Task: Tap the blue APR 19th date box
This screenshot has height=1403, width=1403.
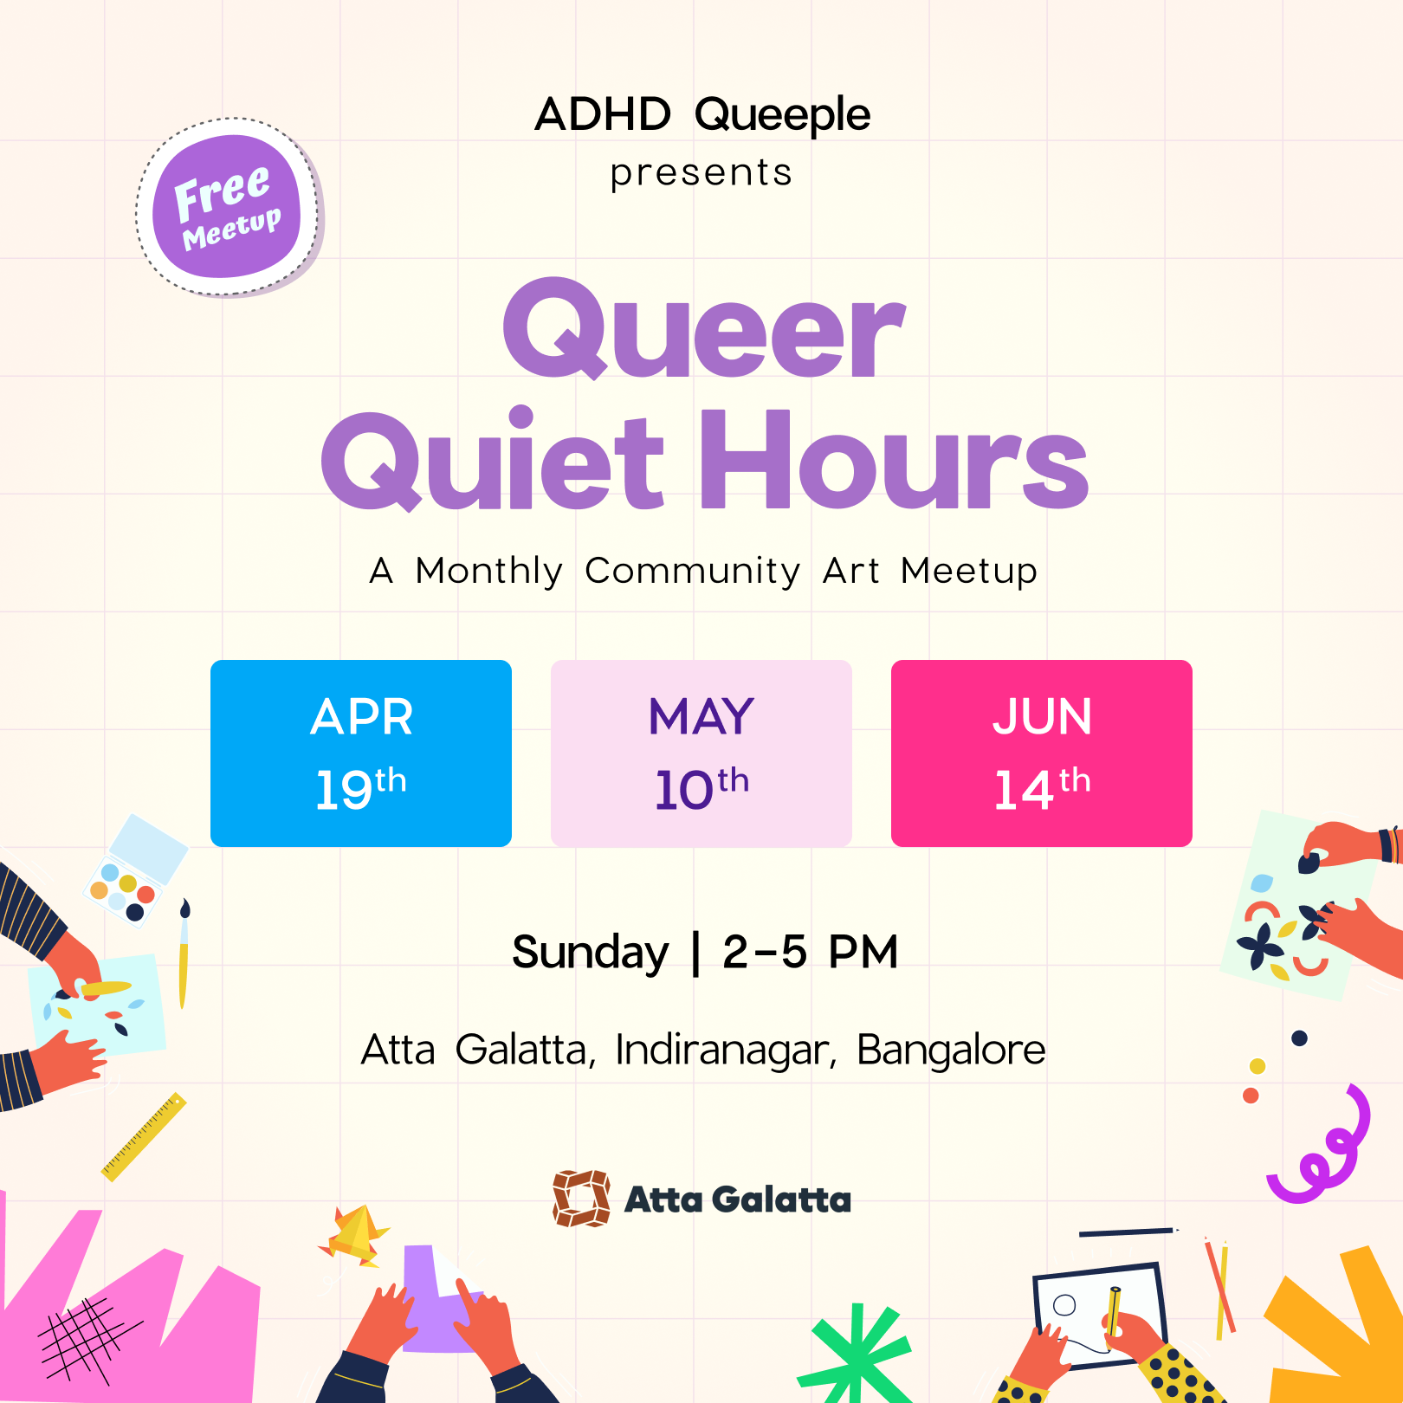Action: click(x=361, y=753)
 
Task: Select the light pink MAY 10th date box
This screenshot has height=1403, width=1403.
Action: click(x=701, y=753)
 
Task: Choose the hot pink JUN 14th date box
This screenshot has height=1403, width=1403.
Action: click(x=1042, y=753)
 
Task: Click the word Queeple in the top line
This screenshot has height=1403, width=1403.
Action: click(x=782, y=116)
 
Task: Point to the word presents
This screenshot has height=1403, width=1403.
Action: click(x=701, y=173)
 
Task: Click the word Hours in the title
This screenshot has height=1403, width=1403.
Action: click(x=894, y=461)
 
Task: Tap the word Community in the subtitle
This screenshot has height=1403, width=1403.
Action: click(x=692, y=572)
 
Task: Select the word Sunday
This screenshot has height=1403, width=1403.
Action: click(x=591, y=954)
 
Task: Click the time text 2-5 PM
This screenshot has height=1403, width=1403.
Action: click(x=811, y=952)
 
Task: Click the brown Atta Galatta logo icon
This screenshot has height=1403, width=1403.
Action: click(x=582, y=1199)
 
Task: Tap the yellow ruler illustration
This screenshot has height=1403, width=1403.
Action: click(x=144, y=1136)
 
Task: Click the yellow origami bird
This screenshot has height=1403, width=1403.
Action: click(x=355, y=1234)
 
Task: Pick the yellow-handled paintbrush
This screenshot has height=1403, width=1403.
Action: click(x=184, y=953)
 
